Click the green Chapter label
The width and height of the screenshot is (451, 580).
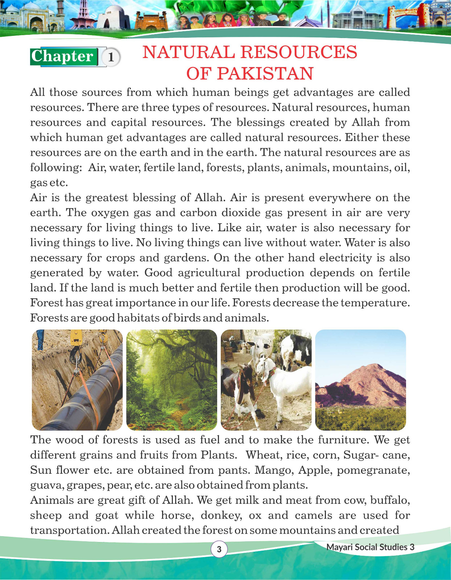[x=64, y=57]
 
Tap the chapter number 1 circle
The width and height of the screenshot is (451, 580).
[x=111, y=57]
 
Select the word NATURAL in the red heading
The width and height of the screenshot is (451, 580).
[x=189, y=52]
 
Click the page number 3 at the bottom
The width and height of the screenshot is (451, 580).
[x=219, y=549]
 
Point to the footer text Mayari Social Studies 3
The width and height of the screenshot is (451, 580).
[x=370, y=547]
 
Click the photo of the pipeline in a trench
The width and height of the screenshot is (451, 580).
[x=77, y=380]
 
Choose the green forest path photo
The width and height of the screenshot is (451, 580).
[x=171, y=380]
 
